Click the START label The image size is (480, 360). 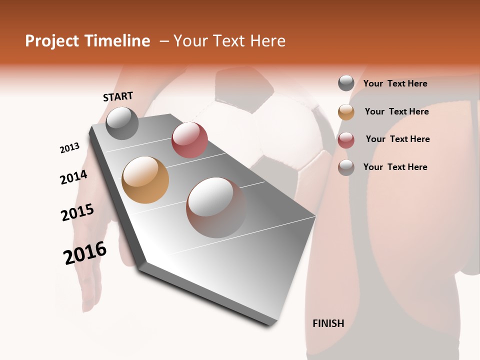pyautogui.click(x=118, y=96)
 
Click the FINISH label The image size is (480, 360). pyautogui.click(x=328, y=323)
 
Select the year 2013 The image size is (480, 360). pyautogui.click(x=69, y=148)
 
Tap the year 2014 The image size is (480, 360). pyautogui.click(x=73, y=177)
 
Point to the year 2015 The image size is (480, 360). pyautogui.click(x=77, y=212)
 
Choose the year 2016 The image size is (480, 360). pyautogui.click(x=85, y=252)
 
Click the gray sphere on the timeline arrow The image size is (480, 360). pyautogui.click(x=122, y=123)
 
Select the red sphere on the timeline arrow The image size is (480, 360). pyautogui.click(x=189, y=140)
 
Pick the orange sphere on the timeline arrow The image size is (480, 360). pyautogui.click(x=145, y=180)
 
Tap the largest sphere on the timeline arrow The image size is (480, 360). pyautogui.click(x=216, y=207)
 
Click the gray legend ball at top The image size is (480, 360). pyautogui.click(x=346, y=83)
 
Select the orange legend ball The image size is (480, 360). pyautogui.click(x=346, y=112)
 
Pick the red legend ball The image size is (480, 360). pyautogui.click(x=346, y=140)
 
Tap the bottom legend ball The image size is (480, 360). pyautogui.click(x=346, y=167)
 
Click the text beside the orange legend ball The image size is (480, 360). pyautogui.click(x=396, y=111)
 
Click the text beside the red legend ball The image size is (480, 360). pyautogui.click(x=397, y=139)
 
